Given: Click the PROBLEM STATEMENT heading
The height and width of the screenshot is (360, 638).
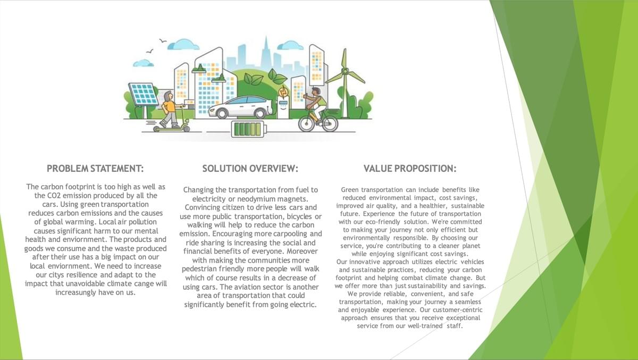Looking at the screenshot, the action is pos(95,169).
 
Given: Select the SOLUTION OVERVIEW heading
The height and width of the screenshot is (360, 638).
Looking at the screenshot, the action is pos(250,169).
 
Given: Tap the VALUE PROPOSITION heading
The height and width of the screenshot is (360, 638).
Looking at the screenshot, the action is pos(410,169).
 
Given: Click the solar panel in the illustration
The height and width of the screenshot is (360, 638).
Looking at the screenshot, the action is pos(143,94).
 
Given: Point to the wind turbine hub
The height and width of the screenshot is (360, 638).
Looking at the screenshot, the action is pos(345,71).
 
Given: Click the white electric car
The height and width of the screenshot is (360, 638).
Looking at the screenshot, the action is pos(241,107).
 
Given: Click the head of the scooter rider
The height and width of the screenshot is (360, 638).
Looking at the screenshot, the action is pos(169,95).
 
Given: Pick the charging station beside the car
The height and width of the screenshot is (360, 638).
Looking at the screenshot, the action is pos(283,103).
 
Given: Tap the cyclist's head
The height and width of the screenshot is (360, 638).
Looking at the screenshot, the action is pos(316,92).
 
